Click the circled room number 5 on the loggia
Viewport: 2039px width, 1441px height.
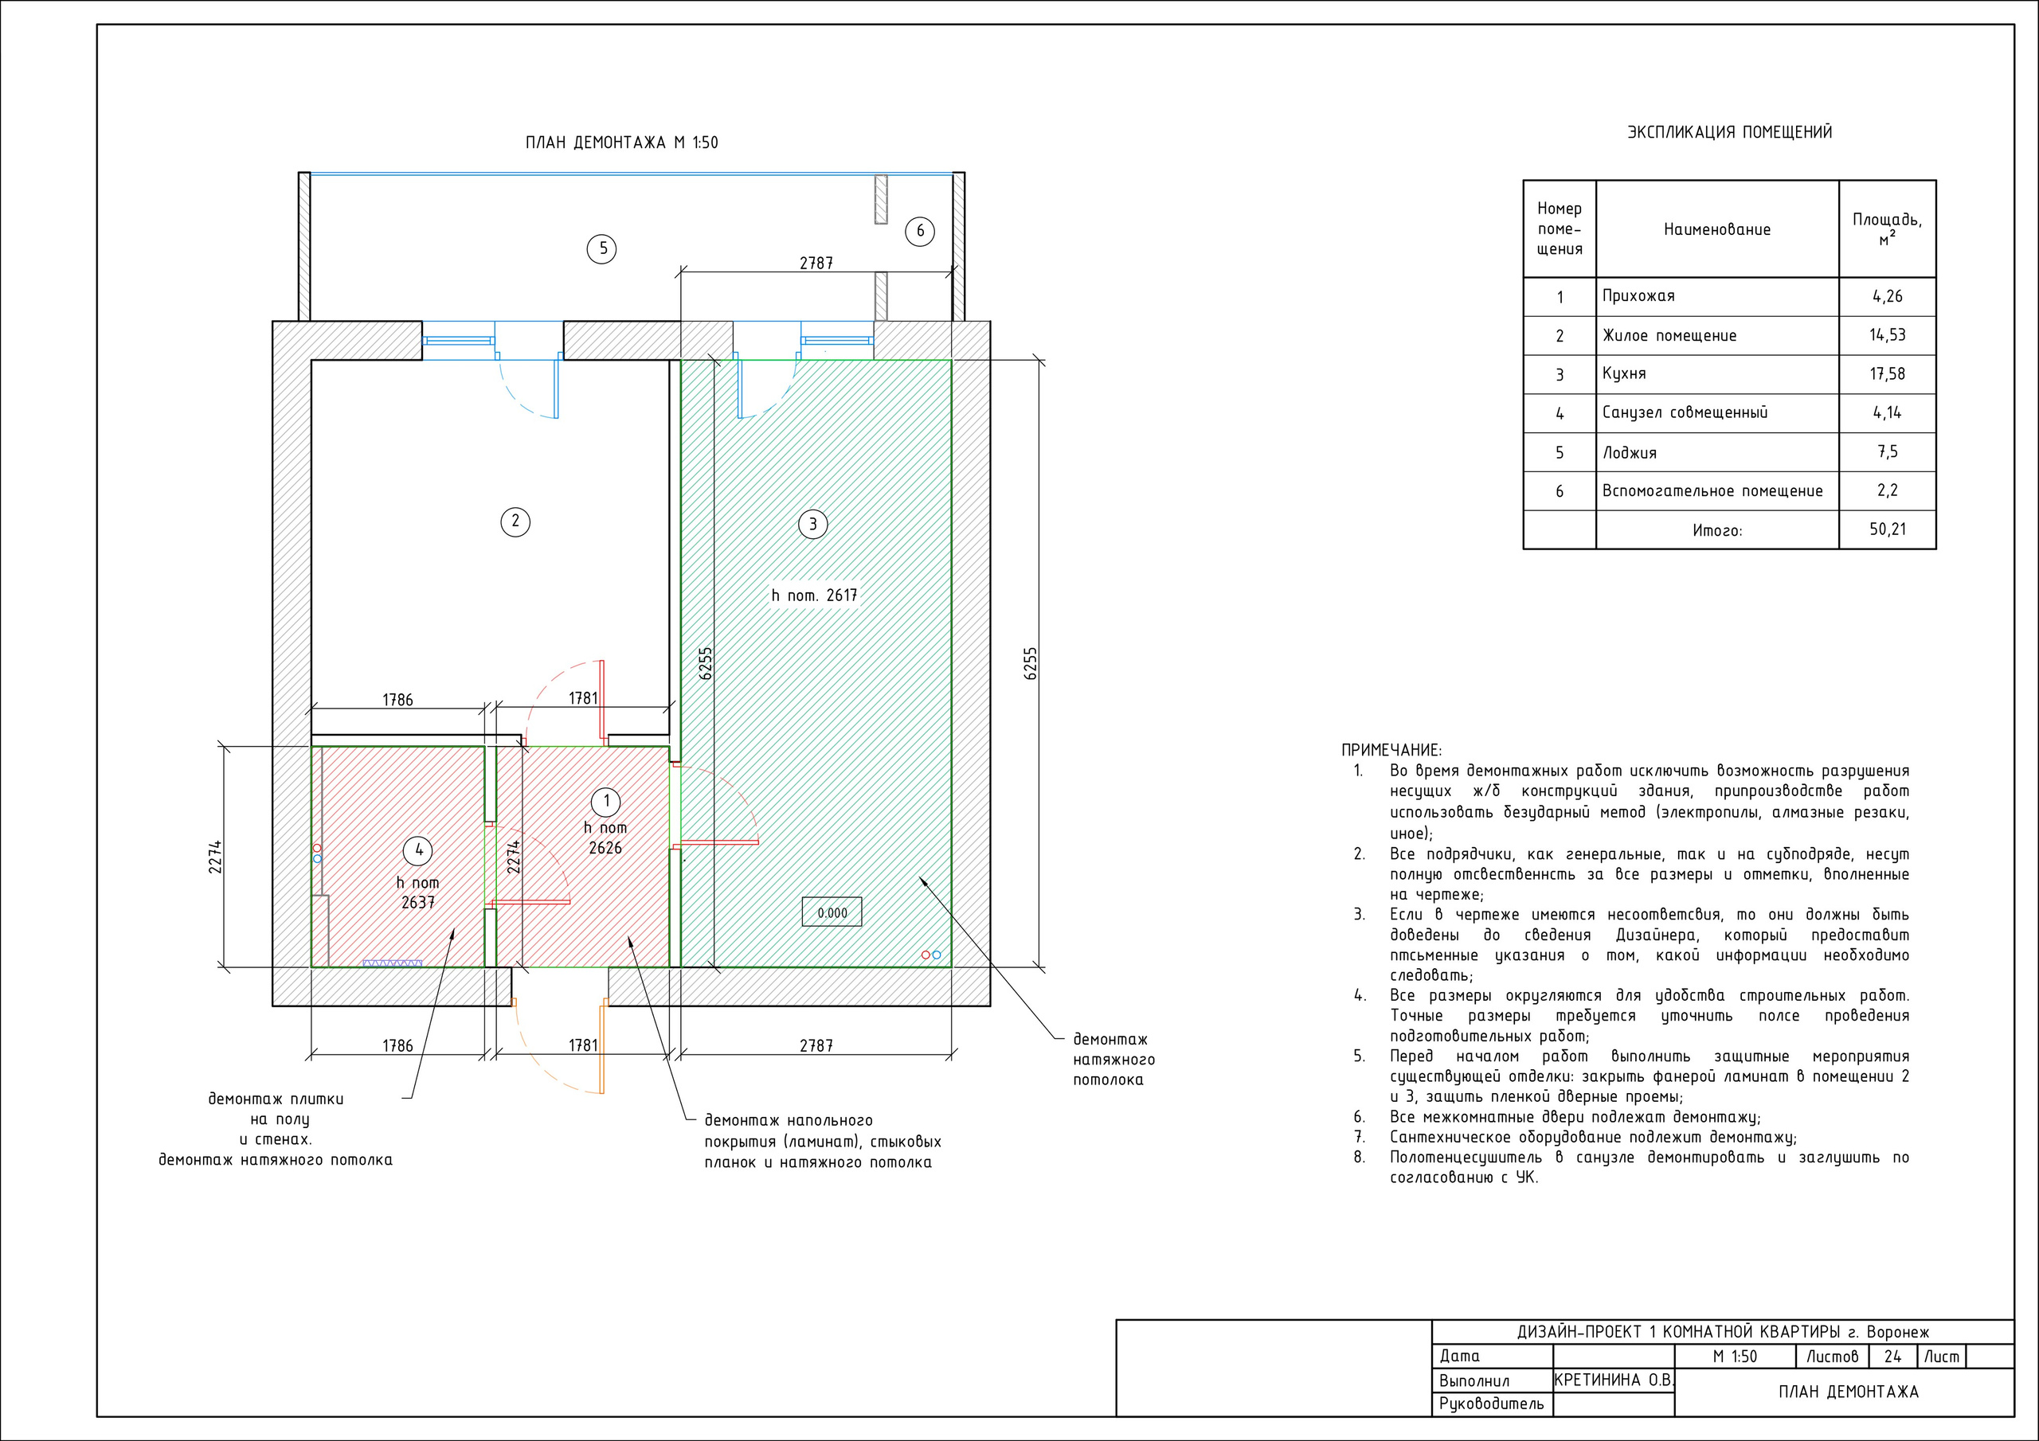click(x=602, y=248)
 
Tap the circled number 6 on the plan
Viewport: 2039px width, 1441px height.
click(x=920, y=232)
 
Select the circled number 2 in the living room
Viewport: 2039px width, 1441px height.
click(x=515, y=521)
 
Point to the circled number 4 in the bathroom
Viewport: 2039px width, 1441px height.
click(x=418, y=850)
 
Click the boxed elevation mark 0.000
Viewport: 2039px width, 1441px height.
click(x=832, y=912)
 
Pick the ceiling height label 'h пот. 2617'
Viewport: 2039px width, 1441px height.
click(x=814, y=596)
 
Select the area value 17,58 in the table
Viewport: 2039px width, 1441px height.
click(x=1887, y=374)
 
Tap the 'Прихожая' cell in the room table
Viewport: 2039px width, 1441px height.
click(x=1638, y=296)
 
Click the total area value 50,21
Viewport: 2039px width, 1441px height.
click(x=1887, y=529)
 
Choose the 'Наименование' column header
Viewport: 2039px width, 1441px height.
click(x=1716, y=230)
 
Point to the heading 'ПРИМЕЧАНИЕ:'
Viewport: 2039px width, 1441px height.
click(x=1391, y=750)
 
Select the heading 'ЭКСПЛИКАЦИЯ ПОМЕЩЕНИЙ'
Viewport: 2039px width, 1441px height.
click(x=1729, y=132)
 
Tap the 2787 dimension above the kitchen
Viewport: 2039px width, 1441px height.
click(x=816, y=263)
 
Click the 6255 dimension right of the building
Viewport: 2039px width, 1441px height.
click(x=1030, y=663)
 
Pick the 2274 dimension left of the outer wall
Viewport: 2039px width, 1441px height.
click(x=215, y=857)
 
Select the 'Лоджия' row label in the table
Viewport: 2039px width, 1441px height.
click(x=1630, y=453)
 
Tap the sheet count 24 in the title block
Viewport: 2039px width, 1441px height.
click(x=1892, y=1357)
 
